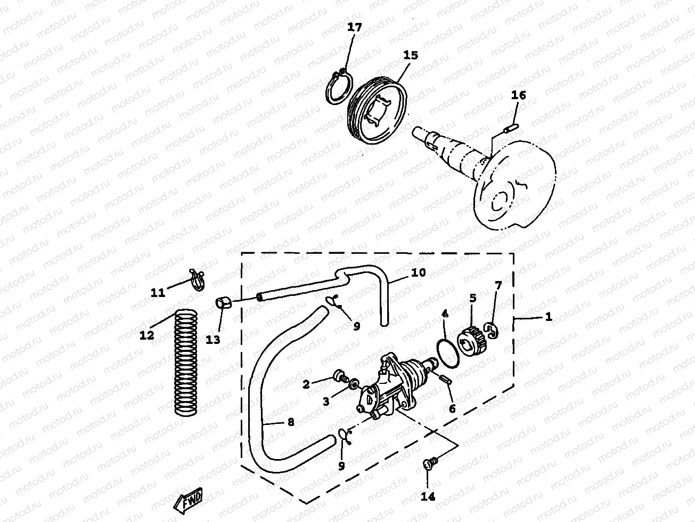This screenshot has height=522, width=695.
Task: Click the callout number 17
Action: [354, 27]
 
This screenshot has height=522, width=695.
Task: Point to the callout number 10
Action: [419, 272]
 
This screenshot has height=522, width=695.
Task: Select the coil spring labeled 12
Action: [186, 363]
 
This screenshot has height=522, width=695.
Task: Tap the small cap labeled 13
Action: [224, 303]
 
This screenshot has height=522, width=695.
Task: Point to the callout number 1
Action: [549, 317]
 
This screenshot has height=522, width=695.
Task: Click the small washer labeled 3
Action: [352, 383]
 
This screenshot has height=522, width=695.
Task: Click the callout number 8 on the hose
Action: [290, 422]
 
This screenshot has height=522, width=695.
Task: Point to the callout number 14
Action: [428, 497]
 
